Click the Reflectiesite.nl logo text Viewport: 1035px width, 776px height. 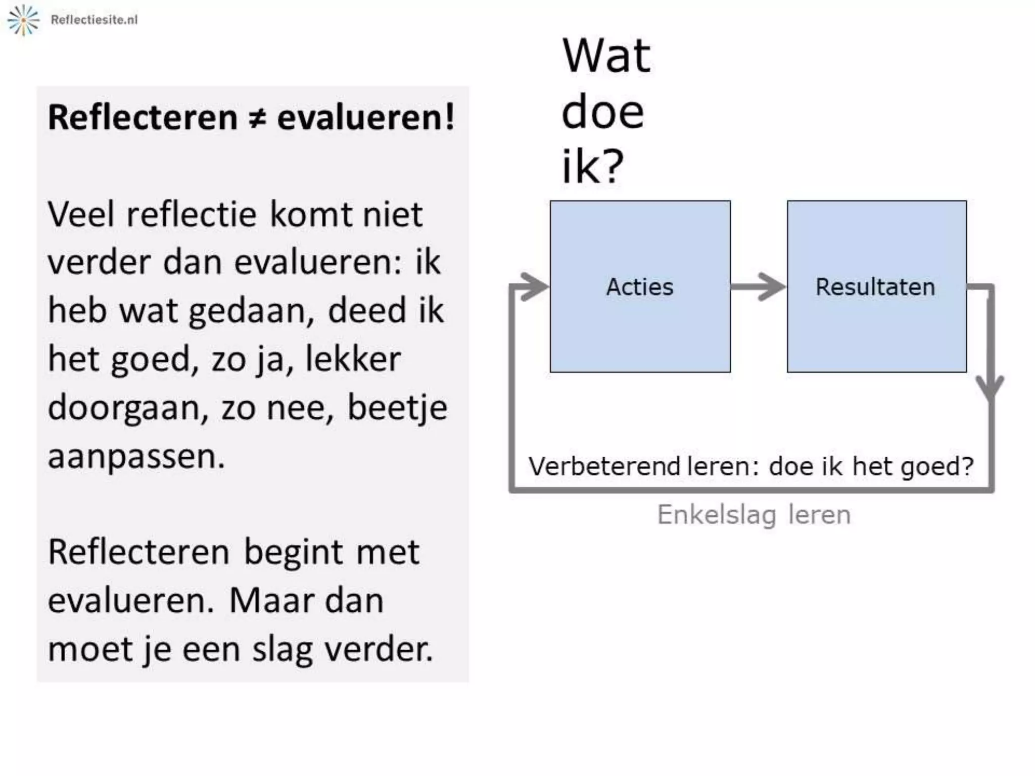tap(94, 20)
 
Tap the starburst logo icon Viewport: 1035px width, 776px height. tap(23, 20)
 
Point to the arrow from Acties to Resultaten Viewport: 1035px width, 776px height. tap(758, 286)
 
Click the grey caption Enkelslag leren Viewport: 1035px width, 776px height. tap(754, 515)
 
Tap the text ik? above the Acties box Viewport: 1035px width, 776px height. tap(592, 166)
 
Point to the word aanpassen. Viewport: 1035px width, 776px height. tap(135, 456)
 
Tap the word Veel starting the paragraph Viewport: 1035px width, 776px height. tap(81, 215)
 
